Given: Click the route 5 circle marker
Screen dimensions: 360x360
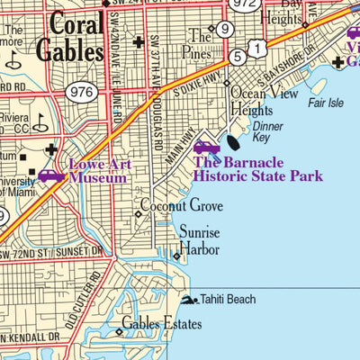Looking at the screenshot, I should click(237, 57).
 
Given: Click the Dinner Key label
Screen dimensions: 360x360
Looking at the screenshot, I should click(266, 133).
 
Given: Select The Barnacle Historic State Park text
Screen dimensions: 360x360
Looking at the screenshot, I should click(256, 169).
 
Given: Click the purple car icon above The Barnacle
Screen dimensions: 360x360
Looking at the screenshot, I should click(206, 146).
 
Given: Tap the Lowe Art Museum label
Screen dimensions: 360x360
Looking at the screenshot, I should click(98, 172).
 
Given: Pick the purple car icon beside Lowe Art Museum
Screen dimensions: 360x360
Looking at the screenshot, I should click(50, 175).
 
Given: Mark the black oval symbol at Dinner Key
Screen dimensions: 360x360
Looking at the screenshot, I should click(233, 140).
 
